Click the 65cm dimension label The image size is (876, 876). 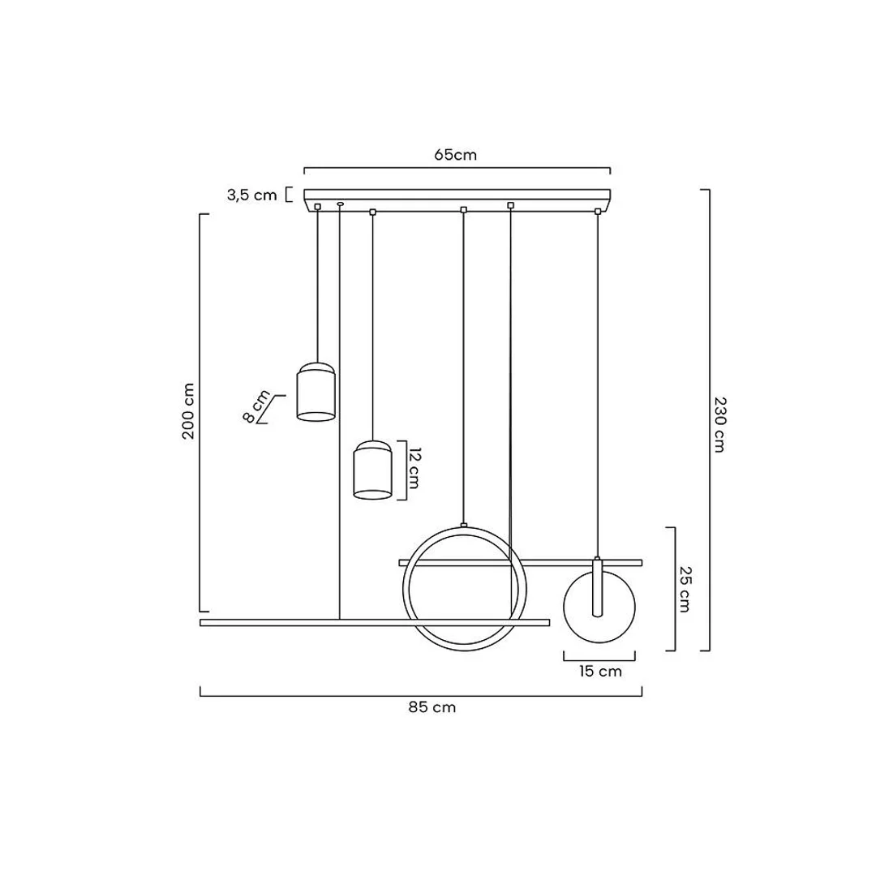(455, 155)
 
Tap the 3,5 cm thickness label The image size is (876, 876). (252, 195)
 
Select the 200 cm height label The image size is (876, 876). (188, 411)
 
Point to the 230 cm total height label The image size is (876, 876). (719, 424)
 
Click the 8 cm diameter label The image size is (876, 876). (256, 406)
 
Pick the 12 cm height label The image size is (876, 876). (414, 468)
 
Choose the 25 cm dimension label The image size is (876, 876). (685, 589)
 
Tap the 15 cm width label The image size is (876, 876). (600, 671)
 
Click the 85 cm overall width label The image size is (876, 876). (432, 707)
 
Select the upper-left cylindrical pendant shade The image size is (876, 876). (316, 392)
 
